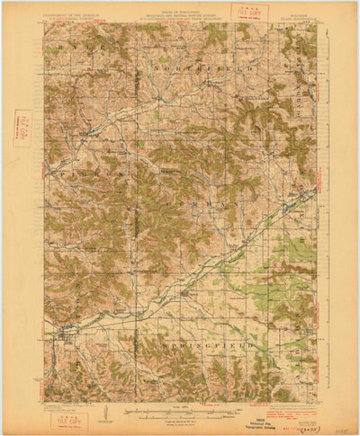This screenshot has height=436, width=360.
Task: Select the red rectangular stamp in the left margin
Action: click(22, 129)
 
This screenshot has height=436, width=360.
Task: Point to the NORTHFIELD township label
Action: click(184, 68)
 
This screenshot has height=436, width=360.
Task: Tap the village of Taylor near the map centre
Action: click(185, 293)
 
